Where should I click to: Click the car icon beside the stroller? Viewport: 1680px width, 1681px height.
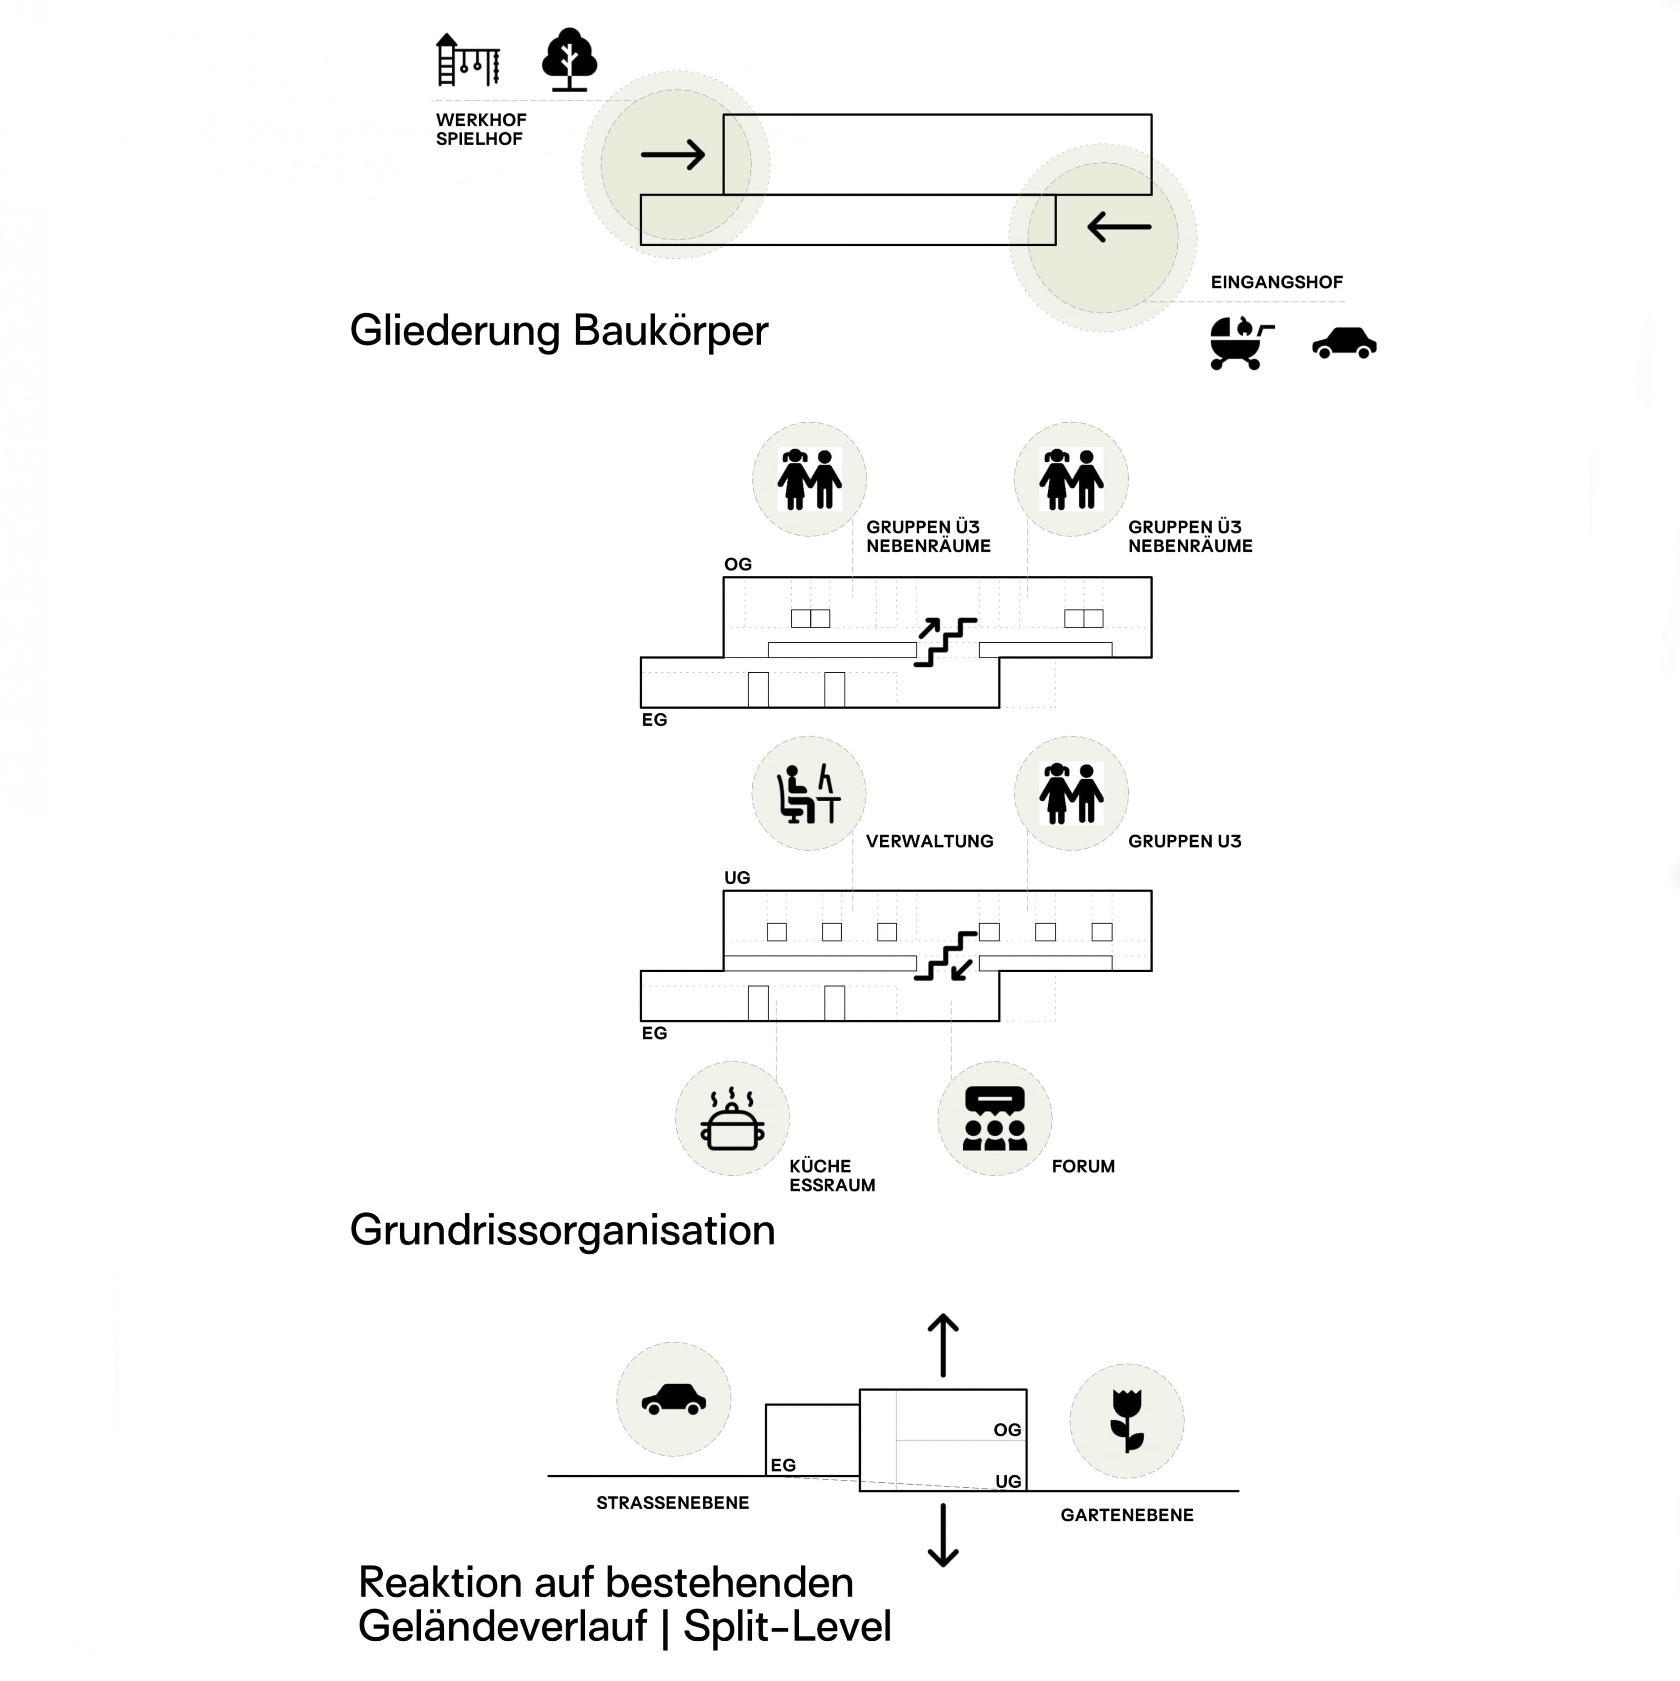pos(1344,343)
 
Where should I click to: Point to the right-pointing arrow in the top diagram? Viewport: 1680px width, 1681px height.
pos(672,155)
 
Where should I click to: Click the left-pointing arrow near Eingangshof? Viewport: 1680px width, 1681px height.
pos(1119,227)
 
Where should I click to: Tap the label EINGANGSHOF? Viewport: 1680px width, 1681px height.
pos(1276,282)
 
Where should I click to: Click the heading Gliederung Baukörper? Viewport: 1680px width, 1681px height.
pos(558,331)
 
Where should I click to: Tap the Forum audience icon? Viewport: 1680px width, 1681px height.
pos(994,1119)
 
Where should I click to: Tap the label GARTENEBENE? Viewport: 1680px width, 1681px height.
pos(1126,1515)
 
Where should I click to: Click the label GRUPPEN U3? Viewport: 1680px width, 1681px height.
pos(1184,841)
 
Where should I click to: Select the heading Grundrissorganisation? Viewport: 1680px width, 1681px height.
pos(562,1230)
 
